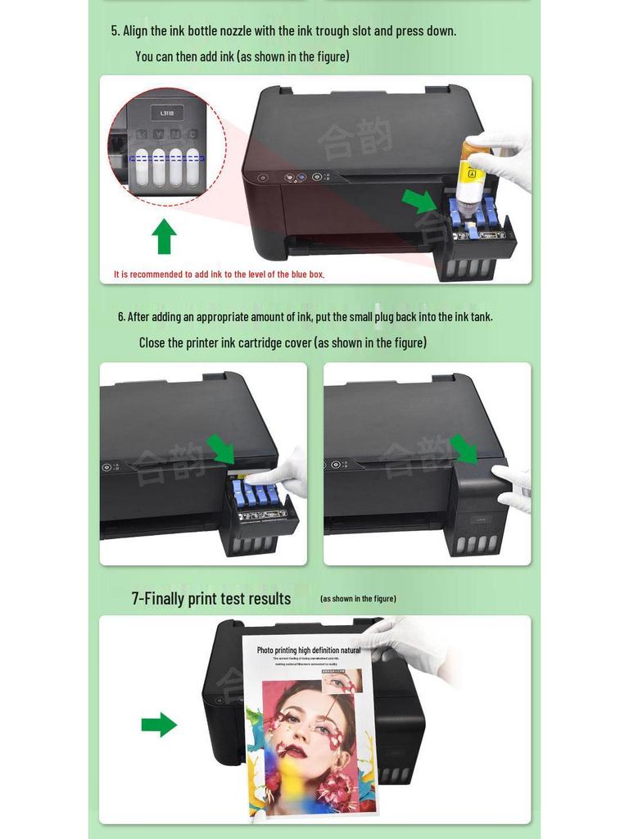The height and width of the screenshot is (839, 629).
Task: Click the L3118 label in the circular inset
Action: point(167,114)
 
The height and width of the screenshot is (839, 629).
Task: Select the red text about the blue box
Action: point(219,274)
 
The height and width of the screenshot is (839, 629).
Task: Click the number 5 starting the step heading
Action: point(115,31)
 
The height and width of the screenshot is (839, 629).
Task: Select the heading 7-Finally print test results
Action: point(211,598)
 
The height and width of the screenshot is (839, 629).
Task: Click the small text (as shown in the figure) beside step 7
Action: point(358,599)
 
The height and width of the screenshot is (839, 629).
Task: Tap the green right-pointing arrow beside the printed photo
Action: point(159,724)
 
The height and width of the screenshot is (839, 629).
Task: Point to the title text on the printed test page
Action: point(309,651)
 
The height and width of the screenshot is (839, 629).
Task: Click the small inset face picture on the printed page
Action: point(342,680)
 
